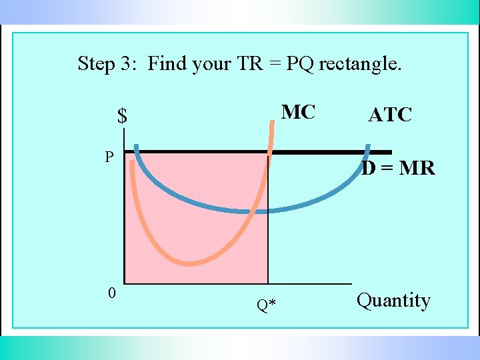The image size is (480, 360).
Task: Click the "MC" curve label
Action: (298, 112)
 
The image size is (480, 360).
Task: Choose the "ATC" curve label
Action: (390, 115)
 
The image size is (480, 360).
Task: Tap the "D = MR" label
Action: (399, 169)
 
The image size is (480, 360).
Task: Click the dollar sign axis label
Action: (122, 117)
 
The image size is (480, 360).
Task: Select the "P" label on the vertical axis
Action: (109, 157)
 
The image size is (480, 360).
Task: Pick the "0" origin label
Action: (112, 293)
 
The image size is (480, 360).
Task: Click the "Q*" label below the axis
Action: (267, 305)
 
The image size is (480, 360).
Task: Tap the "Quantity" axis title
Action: (393, 301)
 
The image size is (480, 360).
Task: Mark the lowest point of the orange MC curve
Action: (190, 263)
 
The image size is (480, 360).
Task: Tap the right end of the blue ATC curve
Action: (367, 145)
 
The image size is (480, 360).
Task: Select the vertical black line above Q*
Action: (268, 220)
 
